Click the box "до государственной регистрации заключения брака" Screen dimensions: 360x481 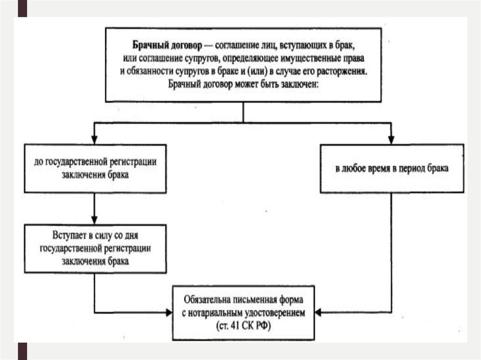pyautogui.click(x=95, y=168)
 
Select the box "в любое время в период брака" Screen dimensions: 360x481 pyautogui.click(x=392, y=168)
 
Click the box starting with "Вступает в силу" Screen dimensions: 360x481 pyautogui.click(x=95, y=248)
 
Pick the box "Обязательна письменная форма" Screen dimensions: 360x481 pyautogui.click(x=244, y=312)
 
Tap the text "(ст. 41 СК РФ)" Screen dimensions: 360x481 pyautogui.click(x=244, y=325)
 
